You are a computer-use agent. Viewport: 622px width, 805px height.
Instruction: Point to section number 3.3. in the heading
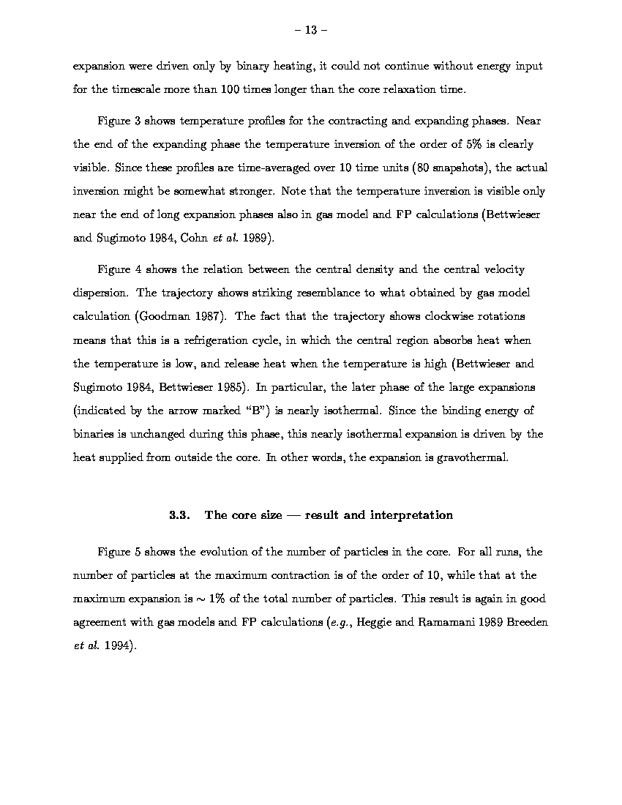pyautogui.click(x=180, y=515)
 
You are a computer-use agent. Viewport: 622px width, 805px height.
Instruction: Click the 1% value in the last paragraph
pyautogui.click(x=215, y=599)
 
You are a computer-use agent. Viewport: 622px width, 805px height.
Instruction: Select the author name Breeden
pyautogui.click(x=527, y=622)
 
